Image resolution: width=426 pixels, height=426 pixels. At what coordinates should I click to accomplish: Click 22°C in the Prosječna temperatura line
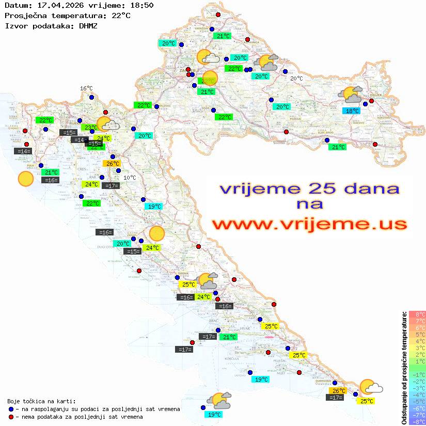pyautogui.click(x=120, y=15)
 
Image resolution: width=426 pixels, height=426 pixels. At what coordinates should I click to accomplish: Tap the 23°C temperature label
pyautogui.click(x=91, y=128)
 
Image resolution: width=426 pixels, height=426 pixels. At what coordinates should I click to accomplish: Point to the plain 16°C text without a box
pyautogui.click(x=86, y=89)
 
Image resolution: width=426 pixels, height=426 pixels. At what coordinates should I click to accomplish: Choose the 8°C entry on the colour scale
pyautogui.click(x=417, y=314)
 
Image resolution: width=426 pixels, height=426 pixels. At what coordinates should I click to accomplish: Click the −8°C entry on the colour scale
pyautogui.click(x=417, y=421)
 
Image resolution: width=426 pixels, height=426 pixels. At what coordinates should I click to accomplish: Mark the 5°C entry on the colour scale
pyautogui.click(x=417, y=334)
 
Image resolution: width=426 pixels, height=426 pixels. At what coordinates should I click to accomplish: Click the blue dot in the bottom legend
pyautogui.click(x=11, y=409)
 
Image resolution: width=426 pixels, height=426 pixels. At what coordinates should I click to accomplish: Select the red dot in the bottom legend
pyautogui.click(x=11, y=417)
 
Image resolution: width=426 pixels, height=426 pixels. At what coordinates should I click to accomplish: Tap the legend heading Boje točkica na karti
pyautogui.click(x=41, y=401)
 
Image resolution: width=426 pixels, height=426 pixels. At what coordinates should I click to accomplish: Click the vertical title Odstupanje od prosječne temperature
pyautogui.click(x=404, y=368)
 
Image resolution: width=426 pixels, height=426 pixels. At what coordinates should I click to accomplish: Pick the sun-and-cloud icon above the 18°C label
pyautogui.click(x=351, y=95)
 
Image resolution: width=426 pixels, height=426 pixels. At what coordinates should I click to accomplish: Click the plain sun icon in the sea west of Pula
pyautogui.click(x=25, y=179)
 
